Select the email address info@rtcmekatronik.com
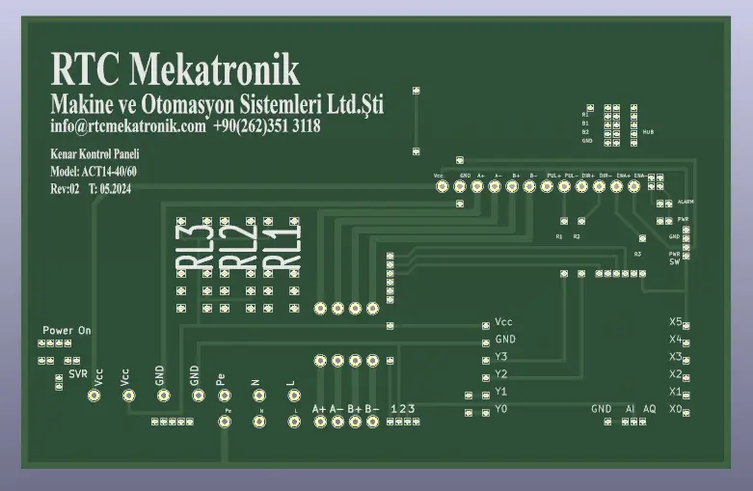[x=128, y=126]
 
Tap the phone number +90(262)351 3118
[x=267, y=126]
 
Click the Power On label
[x=67, y=331]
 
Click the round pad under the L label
[x=292, y=396]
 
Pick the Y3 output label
[x=500, y=357]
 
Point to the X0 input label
[x=676, y=409]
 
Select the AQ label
[x=650, y=409]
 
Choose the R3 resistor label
[x=637, y=254]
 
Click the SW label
[x=675, y=261]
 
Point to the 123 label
[x=404, y=409]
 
